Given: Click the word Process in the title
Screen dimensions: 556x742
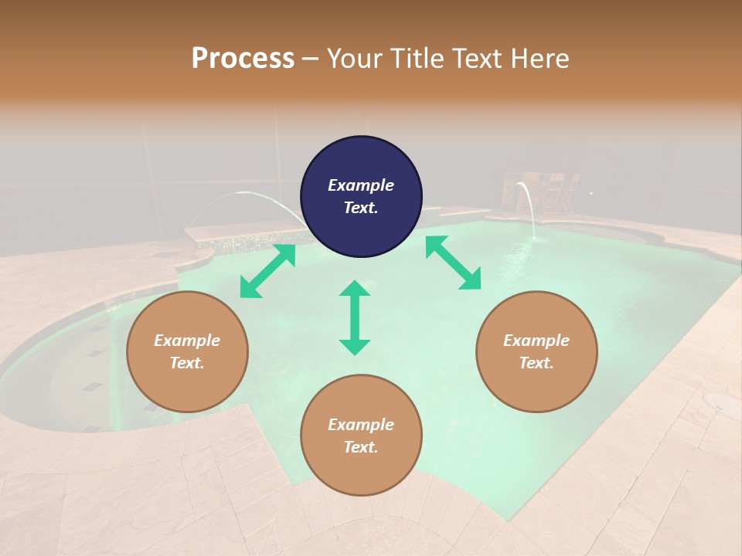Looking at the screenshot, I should [x=243, y=59].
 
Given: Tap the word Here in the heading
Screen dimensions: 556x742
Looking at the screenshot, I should [x=538, y=59].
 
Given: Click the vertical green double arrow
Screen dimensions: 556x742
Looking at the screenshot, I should [x=355, y=317].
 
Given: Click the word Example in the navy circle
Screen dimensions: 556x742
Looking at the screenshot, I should [x=361, y=185].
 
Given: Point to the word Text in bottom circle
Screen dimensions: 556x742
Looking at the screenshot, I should [x=361, y=447].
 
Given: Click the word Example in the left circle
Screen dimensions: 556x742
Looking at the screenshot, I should [x=187, y=341].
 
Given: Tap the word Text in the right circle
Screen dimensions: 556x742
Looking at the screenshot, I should [x=536, y=363].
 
